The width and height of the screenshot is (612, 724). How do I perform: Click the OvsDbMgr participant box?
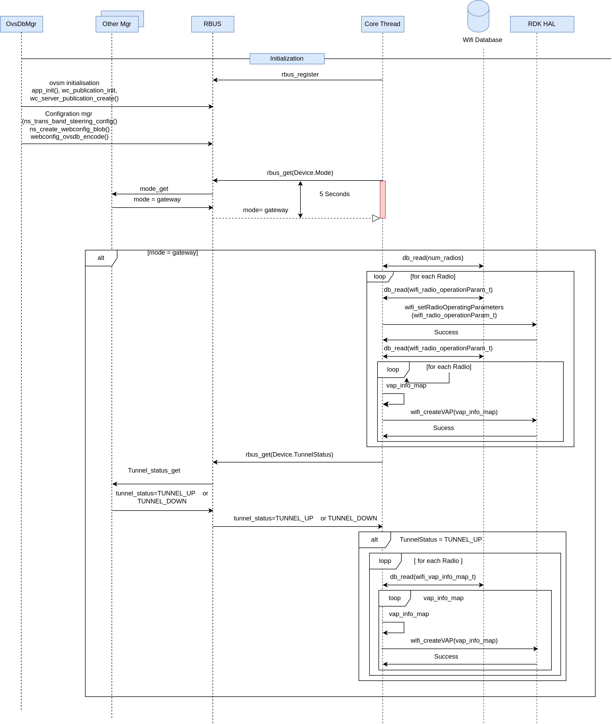(x=22, y=24)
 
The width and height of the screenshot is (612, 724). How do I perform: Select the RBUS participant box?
(x=213, y=24)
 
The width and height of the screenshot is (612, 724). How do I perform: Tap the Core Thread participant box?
(x=383, y=24)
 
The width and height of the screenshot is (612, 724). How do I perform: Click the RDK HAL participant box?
(x=542, y=24)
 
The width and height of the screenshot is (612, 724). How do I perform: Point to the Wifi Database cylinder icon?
(x=478, y=16)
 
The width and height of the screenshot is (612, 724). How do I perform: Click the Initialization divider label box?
(x=287, y=59)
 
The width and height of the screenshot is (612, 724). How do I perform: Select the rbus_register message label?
(x=300, y=74)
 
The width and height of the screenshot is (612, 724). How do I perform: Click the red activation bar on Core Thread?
(x=383, y=200)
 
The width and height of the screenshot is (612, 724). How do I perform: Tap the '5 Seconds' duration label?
(x=334, y=194)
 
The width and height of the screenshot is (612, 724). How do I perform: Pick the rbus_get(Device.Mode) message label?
(x=300, y=173)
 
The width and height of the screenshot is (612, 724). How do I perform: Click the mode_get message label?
(x=154, y=189)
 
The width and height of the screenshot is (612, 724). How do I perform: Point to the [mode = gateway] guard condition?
(x=173, y=253)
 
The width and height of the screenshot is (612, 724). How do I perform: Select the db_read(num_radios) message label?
(x=433, y=258)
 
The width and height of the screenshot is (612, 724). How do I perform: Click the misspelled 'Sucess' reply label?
(x=443, y=428)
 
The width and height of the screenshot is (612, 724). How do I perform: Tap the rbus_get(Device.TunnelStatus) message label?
(x=289, y=455)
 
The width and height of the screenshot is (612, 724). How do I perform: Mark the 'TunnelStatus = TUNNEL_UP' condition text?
(x=441, y=540)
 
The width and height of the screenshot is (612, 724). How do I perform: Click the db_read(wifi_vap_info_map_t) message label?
(x=433, y=577)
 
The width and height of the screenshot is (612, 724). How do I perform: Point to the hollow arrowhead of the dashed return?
(x=376, y=218)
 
